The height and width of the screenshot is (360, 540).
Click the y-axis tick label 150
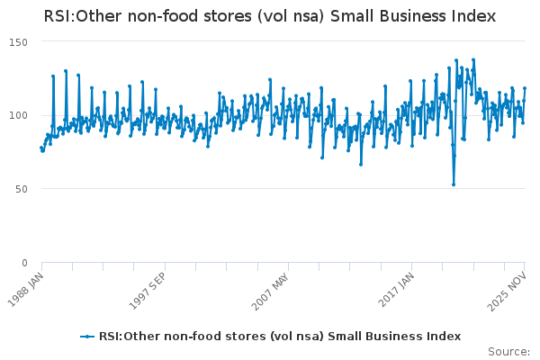[x=18, y=42]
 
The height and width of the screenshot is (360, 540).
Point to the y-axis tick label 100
[x=18, y=115]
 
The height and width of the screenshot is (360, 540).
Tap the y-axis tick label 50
[x=21, y=189]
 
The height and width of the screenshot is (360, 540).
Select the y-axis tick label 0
[x=24, y=263]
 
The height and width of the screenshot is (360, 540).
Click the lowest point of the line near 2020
[x=454, y=184]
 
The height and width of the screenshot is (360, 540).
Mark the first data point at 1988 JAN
[x=41, y=147]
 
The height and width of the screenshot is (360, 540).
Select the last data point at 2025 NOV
[x=525, y=88]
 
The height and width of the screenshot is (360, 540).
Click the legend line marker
[x=87, y=337]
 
